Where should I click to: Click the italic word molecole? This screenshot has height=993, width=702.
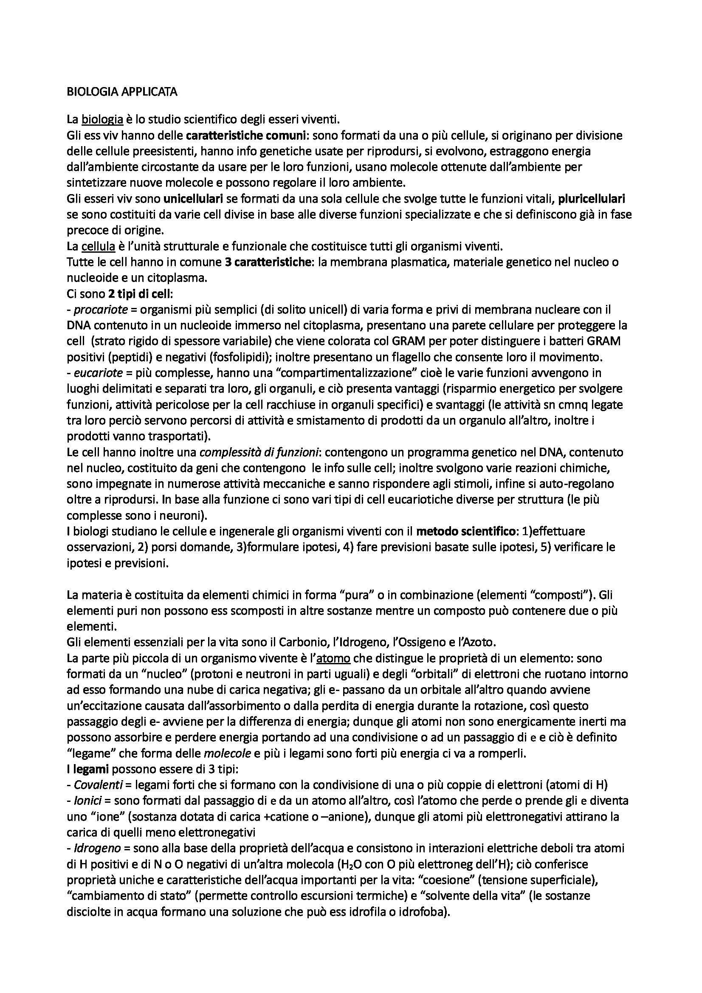tap(228, 753)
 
